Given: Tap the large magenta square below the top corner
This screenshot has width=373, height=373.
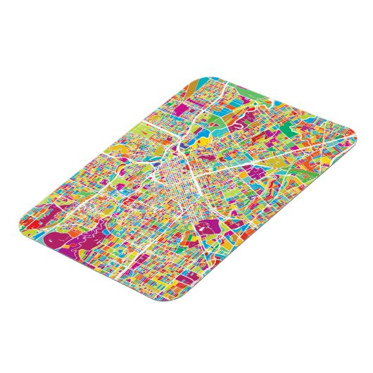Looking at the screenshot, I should (193, 106).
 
